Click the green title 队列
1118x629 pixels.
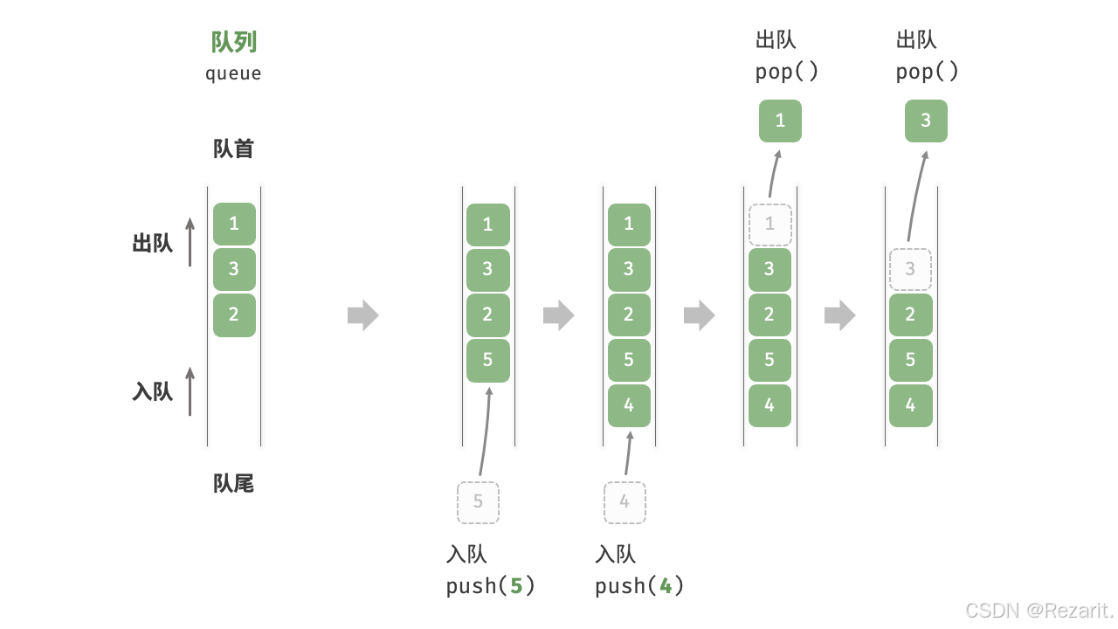pyautogui.click(x=234, y=42)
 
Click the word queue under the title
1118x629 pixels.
pyautogui.click(x=233, y=73)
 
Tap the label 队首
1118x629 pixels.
pyautogui.click(x=233, y=149)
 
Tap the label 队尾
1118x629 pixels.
pyautogui.click(x=233, y=483)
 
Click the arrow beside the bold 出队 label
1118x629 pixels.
pyautogui.click(x=190, y=242)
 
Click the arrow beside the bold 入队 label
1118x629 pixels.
pyautogui.click(x=190, y=391)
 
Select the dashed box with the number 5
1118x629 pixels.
pyautogui.click(x=478, y=502)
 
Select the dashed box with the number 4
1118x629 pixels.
pyautogui.click(x=625, y=502)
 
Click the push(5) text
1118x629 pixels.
pyautogui.click(x=490, y=585)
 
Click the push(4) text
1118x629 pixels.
pyautogui.click(x=639, y=585)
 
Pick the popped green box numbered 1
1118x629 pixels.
pyautogui.click(x=780, y=121)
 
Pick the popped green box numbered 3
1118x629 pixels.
pyautogui.click(x=926, y=121)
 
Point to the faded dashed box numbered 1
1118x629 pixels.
pyautogui.click(x=769, y=225)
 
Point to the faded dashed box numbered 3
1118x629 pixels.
pyautogui.click(x=910, y=269)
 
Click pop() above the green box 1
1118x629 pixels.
pyautogui.click(x=787, y=72)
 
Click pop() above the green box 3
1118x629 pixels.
pyautogui.click(x=927, y=72)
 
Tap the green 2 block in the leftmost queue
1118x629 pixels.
pyautogui.click(x=234, y=314)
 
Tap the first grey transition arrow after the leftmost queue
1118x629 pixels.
pyautogui.click(x=362, y=315)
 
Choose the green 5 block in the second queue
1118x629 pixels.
pyautogui.click(x=487, y=360)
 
